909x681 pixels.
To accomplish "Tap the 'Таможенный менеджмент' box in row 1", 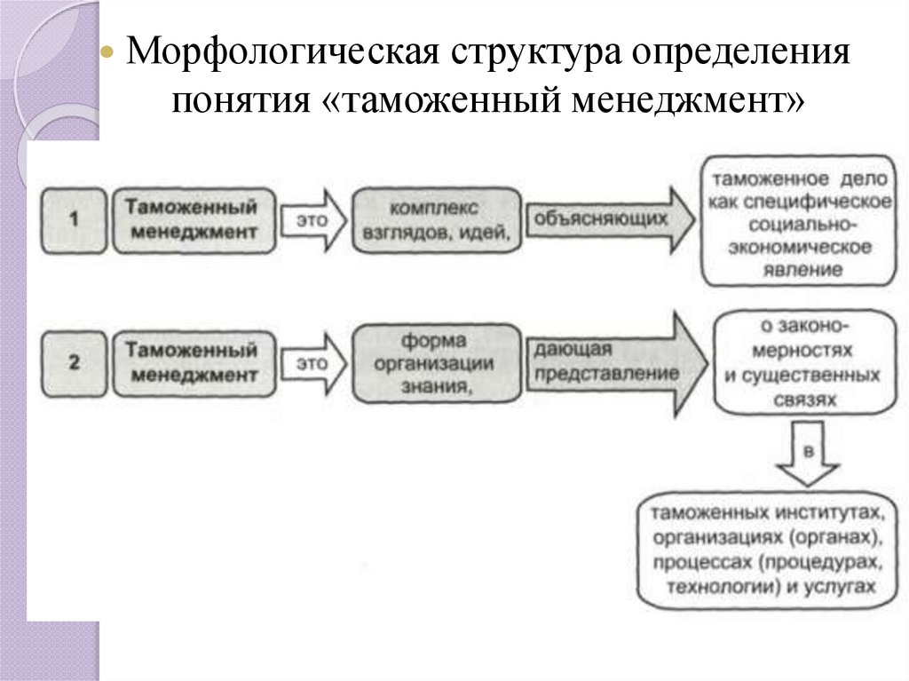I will click(191, 218).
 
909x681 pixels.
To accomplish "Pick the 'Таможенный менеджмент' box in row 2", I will click(191, 362).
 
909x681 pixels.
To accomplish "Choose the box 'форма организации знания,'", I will click(434, 363).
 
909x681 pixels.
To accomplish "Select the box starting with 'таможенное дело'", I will click(800, 224).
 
